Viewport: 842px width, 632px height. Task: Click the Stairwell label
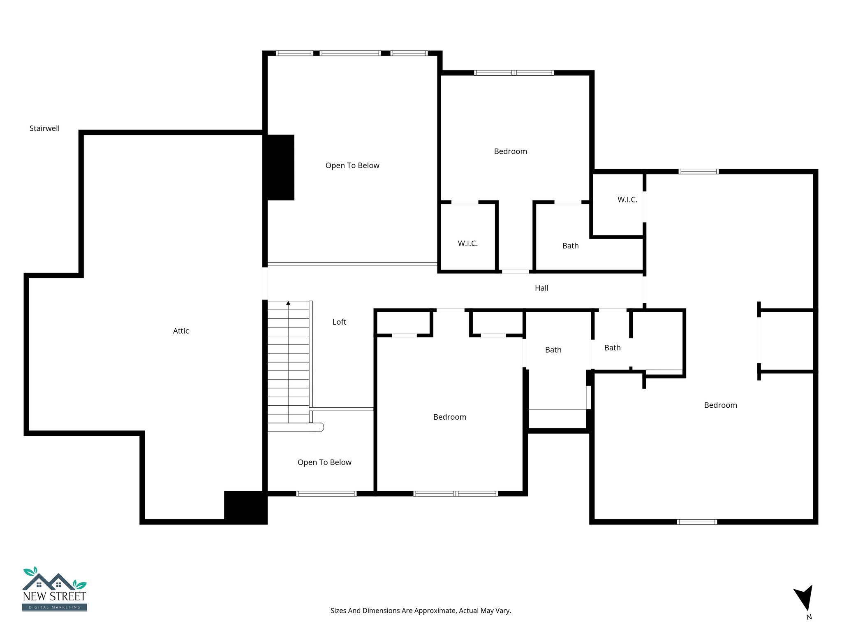pyautogui.click(x=44, y=128)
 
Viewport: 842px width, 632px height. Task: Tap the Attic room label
pyautogui.click(x=181, y=331)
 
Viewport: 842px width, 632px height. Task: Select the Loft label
pyautogui.click(x=339, y=322)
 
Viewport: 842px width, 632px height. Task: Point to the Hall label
pyautogui.click(x=541, y=288)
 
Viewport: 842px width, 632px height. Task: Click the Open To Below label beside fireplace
pyautogui.click(x=352, y=165)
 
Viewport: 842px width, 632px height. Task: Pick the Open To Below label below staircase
pyautogui.click(x=324, y=462)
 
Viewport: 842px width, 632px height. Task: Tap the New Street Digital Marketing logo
pyautogui.click(x=54, y=589)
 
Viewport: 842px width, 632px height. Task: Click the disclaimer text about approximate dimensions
pyautogui.click(x=421, y=611)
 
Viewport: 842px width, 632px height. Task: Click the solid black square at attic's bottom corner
pyautogui.click(x=245, y=507)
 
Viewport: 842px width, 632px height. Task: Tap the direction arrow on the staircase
pyautogui.click(x=288, y=304)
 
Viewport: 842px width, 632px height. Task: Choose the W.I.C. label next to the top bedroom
pyautogui.click(x=468, y=243)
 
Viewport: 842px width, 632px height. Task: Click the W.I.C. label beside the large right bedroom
pyautogui.click(x=627, y=200)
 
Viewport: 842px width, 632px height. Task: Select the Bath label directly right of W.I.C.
pyautogui.click(x=570, y=246)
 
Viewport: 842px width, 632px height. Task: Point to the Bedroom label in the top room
pyautogui.click(x=510, y=151)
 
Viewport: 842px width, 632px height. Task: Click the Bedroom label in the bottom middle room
pyautogui.click(x=450, y=417)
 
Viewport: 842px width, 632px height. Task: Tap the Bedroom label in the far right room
pyautogui.click(x=720, y=405)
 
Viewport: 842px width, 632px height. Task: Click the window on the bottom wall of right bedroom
pyautogui.click(x=697, y=522)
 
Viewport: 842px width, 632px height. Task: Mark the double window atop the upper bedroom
pyautogui.click(x=514, y=73)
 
